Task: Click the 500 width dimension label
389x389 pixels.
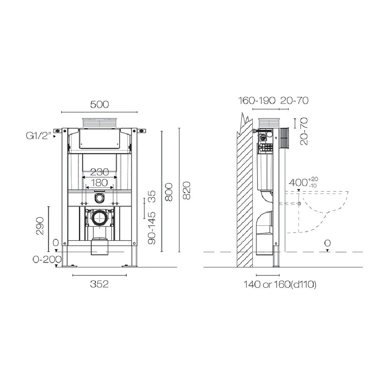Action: [99, 104]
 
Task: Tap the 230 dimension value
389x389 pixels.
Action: [100, 172]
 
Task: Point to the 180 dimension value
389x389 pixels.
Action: [100, 182]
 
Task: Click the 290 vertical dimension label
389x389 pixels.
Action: [40, 226]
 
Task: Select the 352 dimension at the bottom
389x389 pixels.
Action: [99, 284]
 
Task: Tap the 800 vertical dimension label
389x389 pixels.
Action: [168, 192]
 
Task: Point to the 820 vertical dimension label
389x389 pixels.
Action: [187, 191]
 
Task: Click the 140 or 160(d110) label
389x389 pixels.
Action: [280, 285]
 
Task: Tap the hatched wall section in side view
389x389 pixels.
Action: [245, 194]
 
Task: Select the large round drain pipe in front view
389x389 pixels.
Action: [100, 218]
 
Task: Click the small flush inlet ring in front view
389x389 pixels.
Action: [100, 198]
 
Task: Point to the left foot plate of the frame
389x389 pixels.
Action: [70, 266]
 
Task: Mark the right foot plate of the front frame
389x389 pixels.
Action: [129, 266]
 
